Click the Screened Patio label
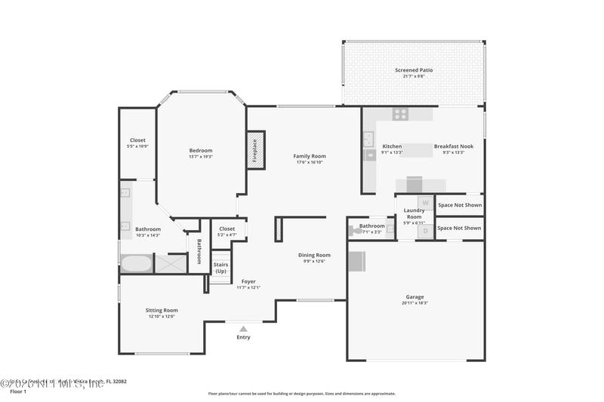414,70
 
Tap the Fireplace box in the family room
255,149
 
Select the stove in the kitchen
400,115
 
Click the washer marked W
425,203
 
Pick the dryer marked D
425,231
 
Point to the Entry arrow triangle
243,329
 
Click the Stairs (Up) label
220,268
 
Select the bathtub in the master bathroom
137,265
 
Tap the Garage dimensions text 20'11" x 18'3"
414,303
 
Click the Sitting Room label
162,310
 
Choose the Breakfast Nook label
453,146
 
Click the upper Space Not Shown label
459,205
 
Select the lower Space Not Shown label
459,228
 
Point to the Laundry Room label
414,213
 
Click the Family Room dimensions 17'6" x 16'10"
310,162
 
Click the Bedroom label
201,150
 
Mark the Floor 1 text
17,392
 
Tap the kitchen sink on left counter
368,139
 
